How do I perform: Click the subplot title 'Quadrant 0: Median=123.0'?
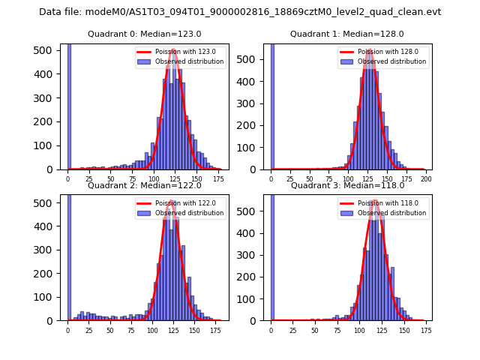click(x=145, y=34)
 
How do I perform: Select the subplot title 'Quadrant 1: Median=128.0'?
click(x=347, y=34)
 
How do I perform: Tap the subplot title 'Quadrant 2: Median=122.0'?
click(x=145, y=185)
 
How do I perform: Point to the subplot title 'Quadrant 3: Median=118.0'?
click(x=347, y=185)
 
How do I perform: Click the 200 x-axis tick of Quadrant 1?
click(x=425, y=178)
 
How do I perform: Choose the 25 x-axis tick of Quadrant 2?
click(x=89, y=329)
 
